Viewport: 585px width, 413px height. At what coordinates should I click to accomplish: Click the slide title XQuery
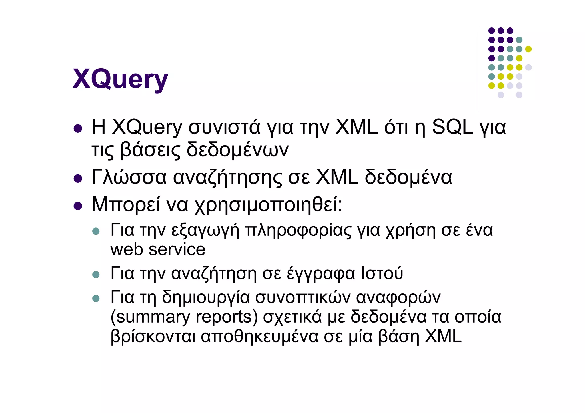tap(120, 79)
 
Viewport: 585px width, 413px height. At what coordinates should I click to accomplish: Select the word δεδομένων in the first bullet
tap(237, 150)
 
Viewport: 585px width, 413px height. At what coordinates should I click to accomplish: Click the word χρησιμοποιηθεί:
tap(268, 205)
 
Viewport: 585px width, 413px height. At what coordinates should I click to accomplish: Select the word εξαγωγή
tap(205, 230)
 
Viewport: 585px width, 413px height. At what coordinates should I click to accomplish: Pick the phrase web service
tap(158, 249)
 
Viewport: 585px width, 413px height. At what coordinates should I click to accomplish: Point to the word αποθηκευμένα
tap(259, 336)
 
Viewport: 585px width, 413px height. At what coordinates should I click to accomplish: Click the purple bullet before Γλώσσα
tap(78, 179)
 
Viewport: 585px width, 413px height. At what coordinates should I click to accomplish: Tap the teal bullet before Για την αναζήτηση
tap(96, 275)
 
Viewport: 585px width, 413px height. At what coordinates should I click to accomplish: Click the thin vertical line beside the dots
tap(478, 69)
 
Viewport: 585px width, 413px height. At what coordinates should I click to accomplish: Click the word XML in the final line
tap(443, 336)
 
